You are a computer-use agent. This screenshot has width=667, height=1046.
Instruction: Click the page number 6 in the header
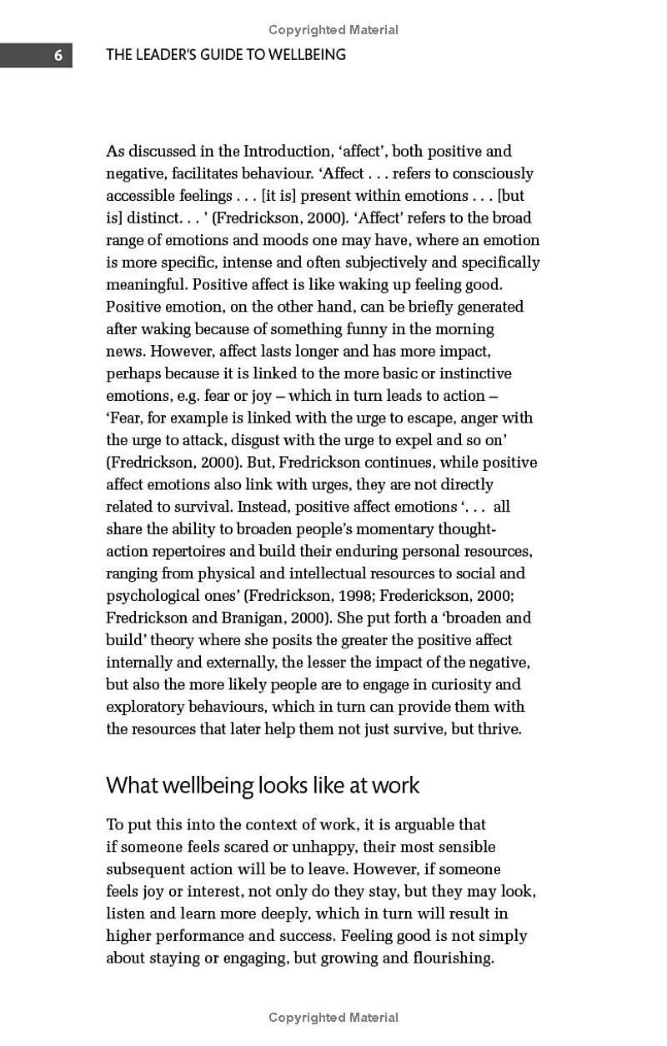point(58,56)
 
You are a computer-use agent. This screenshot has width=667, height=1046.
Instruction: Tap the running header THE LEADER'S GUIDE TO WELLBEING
point(225,55)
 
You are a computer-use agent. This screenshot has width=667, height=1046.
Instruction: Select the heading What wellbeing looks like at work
point(263,785)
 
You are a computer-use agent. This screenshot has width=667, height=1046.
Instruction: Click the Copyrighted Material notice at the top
point(333,30)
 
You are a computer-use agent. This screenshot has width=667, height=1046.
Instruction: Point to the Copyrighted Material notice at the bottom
point(333,1017)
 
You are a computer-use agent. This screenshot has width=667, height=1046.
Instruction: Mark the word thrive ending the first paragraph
point(499,728)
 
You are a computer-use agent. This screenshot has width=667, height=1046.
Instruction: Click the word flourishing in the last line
point(454,958)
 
